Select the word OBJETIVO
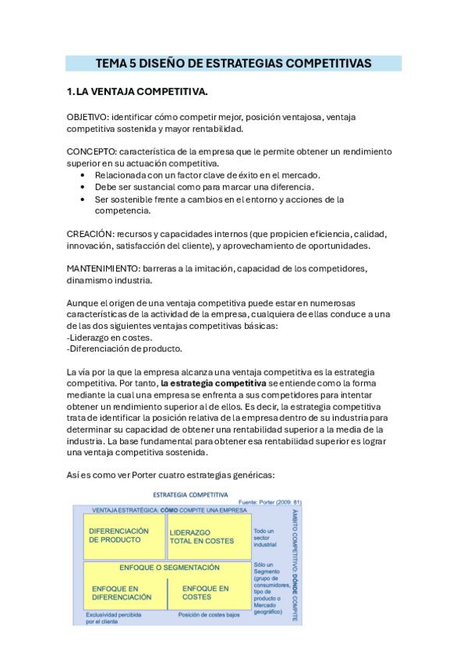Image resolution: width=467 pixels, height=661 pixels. click(87, 117)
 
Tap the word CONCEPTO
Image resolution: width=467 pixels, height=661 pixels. click(90, 152)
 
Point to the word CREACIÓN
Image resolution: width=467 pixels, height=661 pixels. click(89, 234)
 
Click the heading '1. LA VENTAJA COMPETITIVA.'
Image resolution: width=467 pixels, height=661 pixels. click(137, 93)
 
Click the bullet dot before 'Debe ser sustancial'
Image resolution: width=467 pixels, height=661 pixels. click(83, 187)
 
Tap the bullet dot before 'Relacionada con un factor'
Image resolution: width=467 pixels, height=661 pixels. click(83, 175)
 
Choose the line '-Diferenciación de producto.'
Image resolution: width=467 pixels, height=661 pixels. click(125, 349)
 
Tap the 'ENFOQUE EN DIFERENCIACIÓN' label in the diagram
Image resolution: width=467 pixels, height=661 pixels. click(122, 592)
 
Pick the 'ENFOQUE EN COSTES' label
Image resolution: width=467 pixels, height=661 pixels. click(206, 592)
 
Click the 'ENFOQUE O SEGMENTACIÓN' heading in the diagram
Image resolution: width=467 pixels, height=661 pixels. click(169, 567)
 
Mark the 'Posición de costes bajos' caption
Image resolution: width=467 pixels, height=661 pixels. click(209, 615)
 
